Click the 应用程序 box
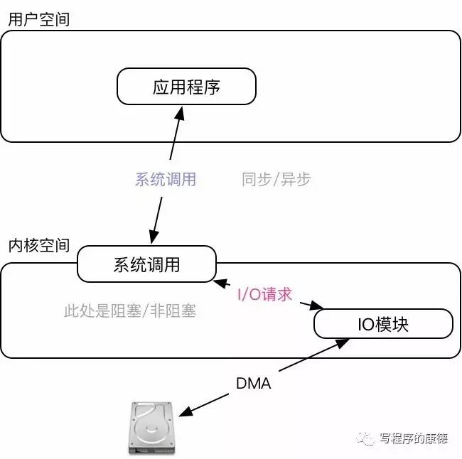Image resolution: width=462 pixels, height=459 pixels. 186,87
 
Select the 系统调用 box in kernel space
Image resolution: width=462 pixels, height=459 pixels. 146,264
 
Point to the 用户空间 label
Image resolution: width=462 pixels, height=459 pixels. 38,18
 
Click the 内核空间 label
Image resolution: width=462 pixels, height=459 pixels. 38,246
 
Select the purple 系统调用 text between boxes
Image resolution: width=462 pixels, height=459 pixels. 165,179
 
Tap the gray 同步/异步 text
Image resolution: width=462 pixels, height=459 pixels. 276,179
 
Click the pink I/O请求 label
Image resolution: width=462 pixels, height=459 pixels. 264,293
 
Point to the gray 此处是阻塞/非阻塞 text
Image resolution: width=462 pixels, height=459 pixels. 129,310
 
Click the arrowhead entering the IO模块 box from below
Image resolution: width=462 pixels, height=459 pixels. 345,342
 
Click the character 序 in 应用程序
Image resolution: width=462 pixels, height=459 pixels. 212,87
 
